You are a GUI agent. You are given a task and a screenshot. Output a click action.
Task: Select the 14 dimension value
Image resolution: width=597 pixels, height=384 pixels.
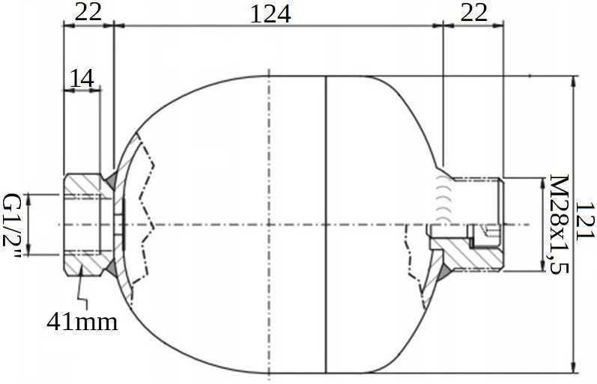point(82,78)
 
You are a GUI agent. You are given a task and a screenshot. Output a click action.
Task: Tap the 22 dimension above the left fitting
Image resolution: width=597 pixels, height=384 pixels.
point(88,13)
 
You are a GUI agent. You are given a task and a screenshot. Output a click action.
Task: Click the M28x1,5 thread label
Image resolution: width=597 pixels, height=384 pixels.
point(559,225)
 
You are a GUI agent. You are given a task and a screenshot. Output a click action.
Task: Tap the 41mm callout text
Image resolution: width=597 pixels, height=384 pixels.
point(82,322)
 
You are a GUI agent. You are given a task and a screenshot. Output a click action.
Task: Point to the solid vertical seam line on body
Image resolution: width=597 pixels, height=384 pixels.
point(327,225)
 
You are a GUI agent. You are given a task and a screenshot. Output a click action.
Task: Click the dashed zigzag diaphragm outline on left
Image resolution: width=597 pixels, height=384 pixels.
point(147,225)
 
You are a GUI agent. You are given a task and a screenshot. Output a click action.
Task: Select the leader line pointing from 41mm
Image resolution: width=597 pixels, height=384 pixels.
point(84,296)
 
